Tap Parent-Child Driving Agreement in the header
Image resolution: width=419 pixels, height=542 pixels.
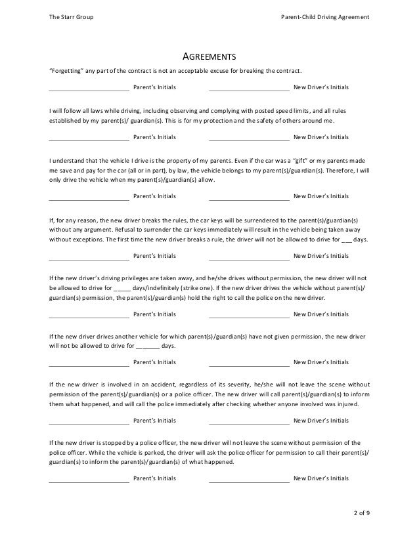click(x=324, y=16)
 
